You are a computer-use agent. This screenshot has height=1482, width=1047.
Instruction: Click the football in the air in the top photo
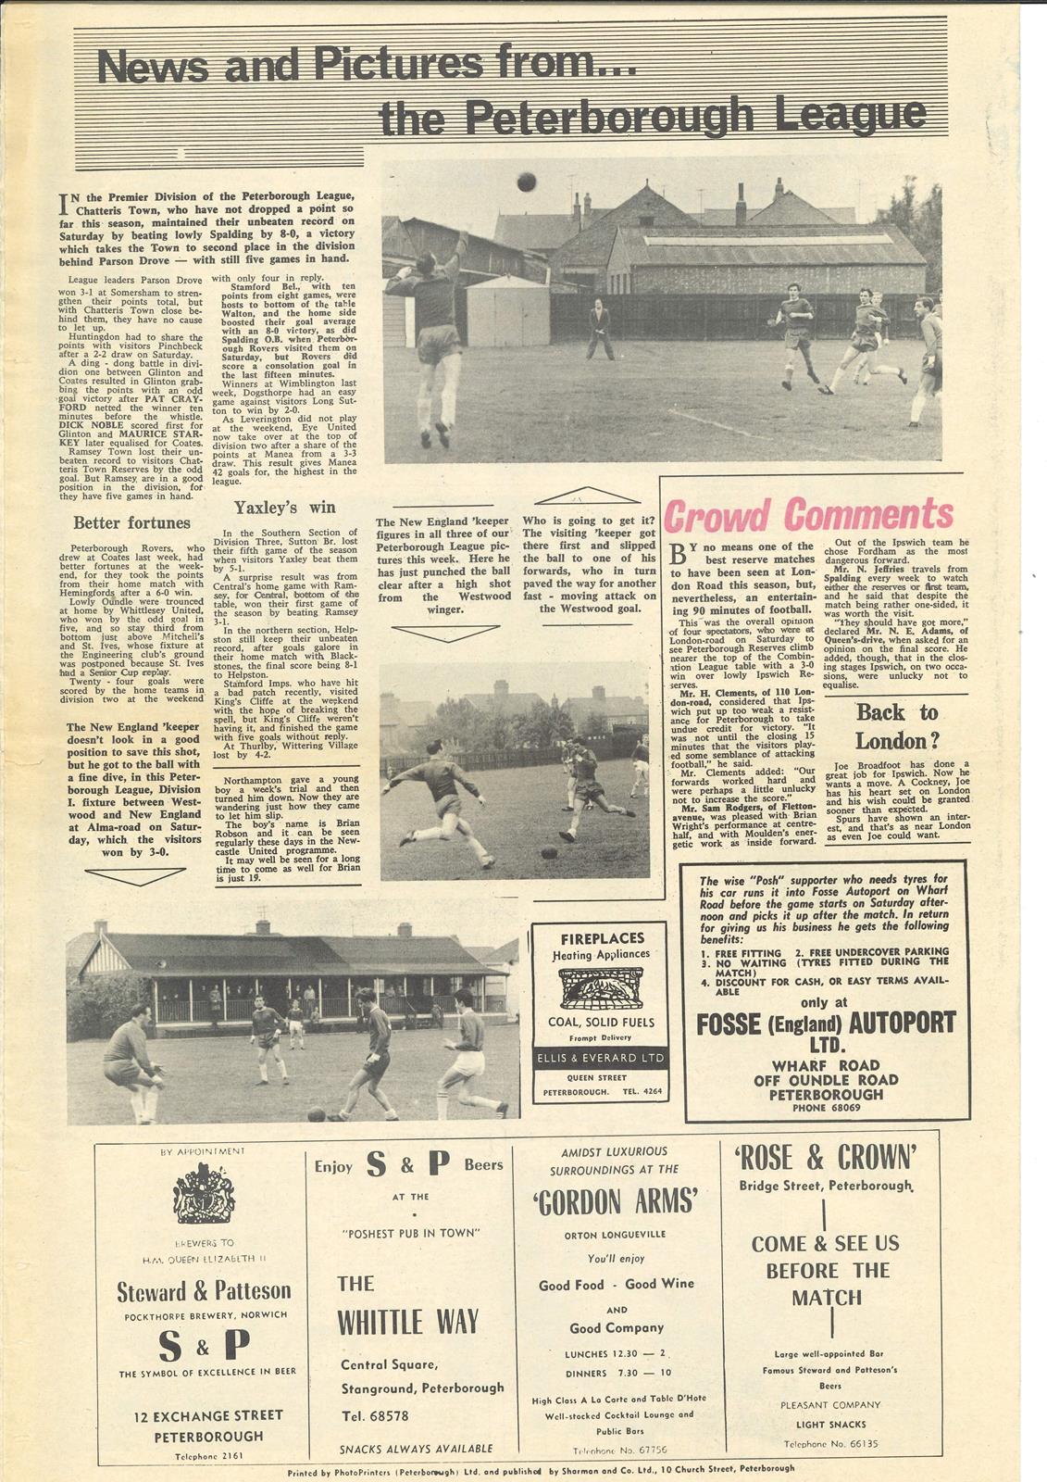click(x=527, y=182)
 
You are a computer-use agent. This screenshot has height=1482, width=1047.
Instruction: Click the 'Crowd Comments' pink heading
click(x=808, y=515)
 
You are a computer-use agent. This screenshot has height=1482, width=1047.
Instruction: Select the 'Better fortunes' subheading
click(x=131, y=523)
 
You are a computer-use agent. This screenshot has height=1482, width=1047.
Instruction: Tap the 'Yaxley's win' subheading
click(x=284, y=508)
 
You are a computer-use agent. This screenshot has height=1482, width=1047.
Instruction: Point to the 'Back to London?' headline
click(x=896, y=726)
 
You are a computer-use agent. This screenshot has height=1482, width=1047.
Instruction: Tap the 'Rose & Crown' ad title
click(x=827, y=1158)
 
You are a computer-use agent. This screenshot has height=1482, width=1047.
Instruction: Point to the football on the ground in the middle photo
click(x=549, y=852)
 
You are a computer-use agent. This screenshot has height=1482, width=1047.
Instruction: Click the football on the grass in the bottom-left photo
click(x=316, y=1114)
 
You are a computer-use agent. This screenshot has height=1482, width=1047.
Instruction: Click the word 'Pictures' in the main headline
click(x=393, y=65)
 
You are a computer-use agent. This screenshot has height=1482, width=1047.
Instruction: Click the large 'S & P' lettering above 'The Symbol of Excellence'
click(x=204, y=1344)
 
